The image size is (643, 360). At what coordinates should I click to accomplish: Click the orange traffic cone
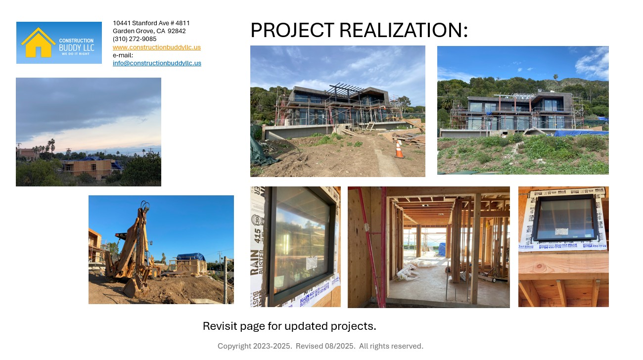click(x=399, y=149)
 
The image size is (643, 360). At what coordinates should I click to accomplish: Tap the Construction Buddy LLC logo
click(x=59, y=43)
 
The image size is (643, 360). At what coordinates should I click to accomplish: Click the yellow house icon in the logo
click(x=38, y=43)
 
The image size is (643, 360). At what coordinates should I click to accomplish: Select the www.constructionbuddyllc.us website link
click(x=156, y=47)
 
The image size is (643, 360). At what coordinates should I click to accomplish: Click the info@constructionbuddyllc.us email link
click(x=157, y=63)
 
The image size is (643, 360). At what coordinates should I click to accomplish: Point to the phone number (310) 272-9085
click(x=135, y=39)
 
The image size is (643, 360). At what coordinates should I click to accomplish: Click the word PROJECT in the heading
click(x=292, y=31)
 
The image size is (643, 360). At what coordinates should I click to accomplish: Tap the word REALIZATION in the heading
click(x=403, y=31)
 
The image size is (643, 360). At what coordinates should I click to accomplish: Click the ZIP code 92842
click(x=177, y=31)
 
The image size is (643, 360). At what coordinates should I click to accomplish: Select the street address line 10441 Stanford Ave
click(x=151, y=23)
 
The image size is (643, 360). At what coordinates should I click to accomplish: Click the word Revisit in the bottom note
click(x=220, y=326)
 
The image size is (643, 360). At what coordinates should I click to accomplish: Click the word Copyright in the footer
click(x=234, y=346)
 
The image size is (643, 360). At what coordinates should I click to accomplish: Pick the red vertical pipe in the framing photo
click(x=383, y=247)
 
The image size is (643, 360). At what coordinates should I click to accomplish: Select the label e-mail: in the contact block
click(x=123, y=55)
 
